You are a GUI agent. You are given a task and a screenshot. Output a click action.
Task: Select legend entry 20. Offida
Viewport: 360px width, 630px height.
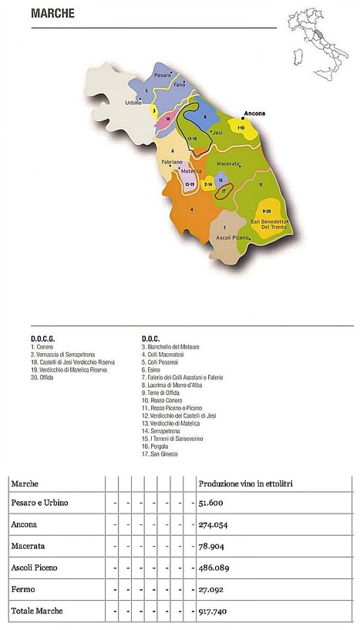point(45,377)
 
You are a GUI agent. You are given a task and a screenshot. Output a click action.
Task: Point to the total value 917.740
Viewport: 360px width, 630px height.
point(216,610)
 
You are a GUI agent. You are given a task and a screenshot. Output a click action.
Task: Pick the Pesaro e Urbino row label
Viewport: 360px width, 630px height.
point(40,503)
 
